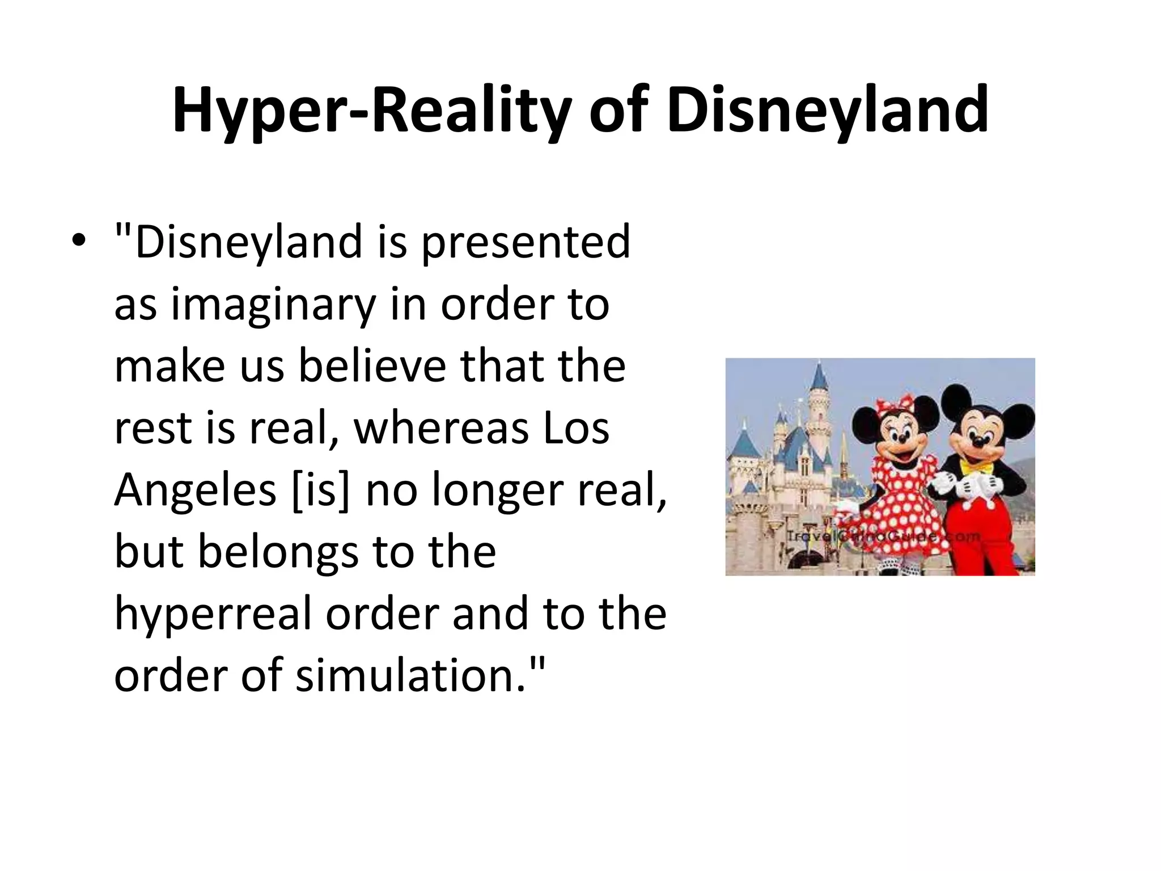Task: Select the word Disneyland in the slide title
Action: pos(827,111)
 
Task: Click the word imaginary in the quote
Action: pos(273,305)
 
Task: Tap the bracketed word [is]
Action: pos(320,490)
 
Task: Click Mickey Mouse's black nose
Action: pos(978,439)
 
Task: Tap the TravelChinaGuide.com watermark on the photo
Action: pos(882,536)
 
